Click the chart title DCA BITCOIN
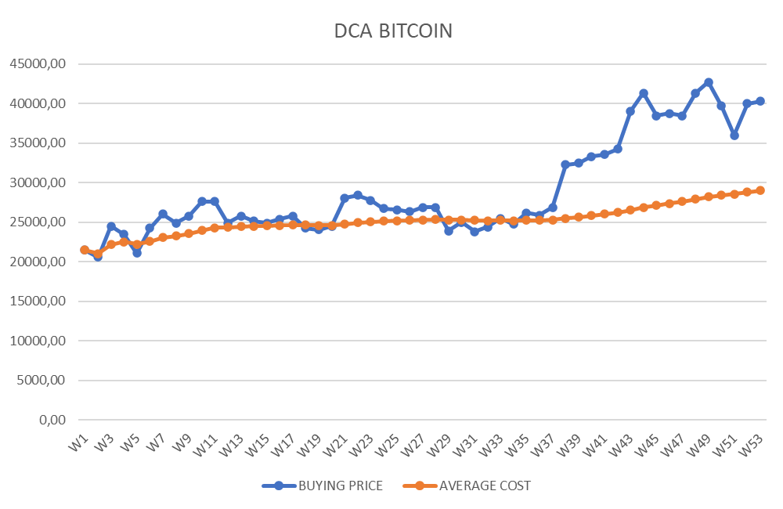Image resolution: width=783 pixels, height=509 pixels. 392,31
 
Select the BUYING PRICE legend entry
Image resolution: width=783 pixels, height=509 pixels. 340,486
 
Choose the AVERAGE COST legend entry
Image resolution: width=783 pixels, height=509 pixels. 484,486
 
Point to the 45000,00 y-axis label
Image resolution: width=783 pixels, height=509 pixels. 35,64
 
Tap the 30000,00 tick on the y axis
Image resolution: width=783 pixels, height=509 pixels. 35,182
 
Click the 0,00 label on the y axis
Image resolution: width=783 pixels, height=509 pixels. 49,420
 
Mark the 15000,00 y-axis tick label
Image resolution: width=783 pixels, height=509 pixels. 35,301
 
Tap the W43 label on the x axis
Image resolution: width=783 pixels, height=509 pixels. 621,447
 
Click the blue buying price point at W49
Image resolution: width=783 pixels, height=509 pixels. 709,82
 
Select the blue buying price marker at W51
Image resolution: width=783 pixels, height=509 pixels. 734,135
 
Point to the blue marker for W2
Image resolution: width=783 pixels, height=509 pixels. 98,256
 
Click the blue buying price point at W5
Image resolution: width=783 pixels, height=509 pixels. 137,252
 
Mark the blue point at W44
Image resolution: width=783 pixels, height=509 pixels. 644,93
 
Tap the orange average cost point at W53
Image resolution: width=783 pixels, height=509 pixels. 760,190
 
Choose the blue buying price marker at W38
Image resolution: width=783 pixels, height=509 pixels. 565,164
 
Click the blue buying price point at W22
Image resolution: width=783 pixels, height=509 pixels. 358,195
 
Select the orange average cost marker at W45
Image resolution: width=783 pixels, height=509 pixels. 656,205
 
